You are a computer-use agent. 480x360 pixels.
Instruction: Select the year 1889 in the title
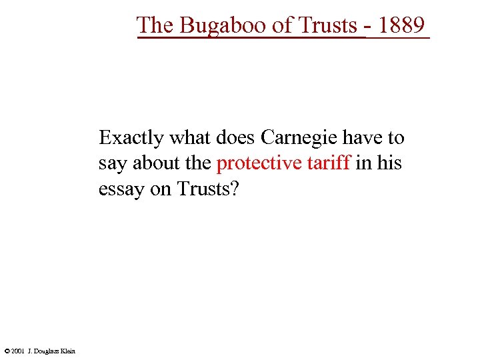pos(400,25)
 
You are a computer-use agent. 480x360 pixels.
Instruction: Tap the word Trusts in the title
pos(327,25)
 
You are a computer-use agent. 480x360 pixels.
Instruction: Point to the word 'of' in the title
pos(280,25)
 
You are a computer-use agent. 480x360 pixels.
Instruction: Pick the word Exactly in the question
pos(131,138)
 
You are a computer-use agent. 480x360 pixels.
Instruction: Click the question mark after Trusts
pos(235,189)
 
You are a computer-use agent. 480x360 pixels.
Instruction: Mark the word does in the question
pos(237,138)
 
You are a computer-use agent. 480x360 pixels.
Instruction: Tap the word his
pos(388,163)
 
